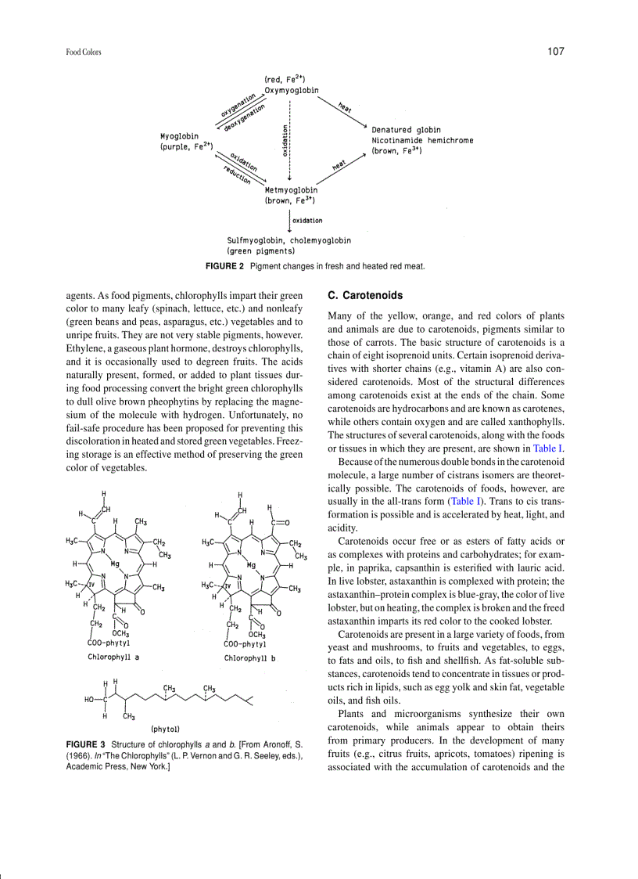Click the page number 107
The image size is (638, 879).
[555, 52]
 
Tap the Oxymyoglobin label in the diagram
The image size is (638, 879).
[292, 90]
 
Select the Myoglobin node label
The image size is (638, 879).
[179, 135]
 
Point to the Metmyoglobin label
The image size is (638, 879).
[292, 189]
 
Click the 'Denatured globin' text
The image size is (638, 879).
[406, 130]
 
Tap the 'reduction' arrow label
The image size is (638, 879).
[237, 175]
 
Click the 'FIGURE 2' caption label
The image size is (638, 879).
[224, 267]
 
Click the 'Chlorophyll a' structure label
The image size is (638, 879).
[113, 657]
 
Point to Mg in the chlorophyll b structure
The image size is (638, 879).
[251, 564]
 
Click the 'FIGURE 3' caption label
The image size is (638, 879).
[85, 744]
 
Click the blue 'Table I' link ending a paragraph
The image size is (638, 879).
[548, 449]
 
